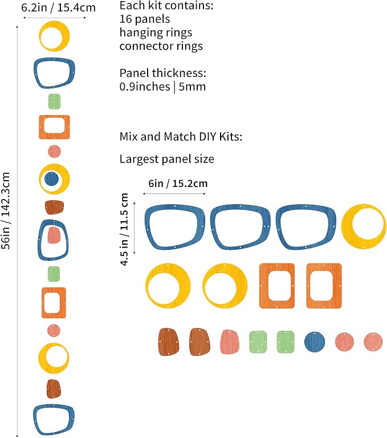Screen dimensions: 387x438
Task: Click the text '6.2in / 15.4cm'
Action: coord(58,7)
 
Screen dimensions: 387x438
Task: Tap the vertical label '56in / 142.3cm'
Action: coord(6,210)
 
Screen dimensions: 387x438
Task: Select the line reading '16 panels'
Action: coord(145,19)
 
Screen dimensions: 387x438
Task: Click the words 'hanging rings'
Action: coord(156,33)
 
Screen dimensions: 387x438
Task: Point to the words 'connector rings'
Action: coord(161,46)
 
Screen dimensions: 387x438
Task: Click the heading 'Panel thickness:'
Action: coord(163,73)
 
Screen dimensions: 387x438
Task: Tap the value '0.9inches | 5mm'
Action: coord(162,87)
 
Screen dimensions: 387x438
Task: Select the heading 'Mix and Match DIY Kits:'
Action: coord(181,137)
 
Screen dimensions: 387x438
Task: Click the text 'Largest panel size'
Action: coord(166,159)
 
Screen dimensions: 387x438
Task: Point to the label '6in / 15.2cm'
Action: coord(178,184)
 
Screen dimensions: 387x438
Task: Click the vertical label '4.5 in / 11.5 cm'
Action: coord(124,229)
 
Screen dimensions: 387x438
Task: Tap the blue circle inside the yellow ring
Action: coord(52,179)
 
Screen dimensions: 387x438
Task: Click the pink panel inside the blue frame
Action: coord(54,235)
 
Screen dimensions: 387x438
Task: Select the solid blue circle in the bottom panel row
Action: coord(315,342)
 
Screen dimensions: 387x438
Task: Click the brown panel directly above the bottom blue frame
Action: coord(54,389)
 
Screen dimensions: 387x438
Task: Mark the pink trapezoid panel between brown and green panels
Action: coord(230,342)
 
